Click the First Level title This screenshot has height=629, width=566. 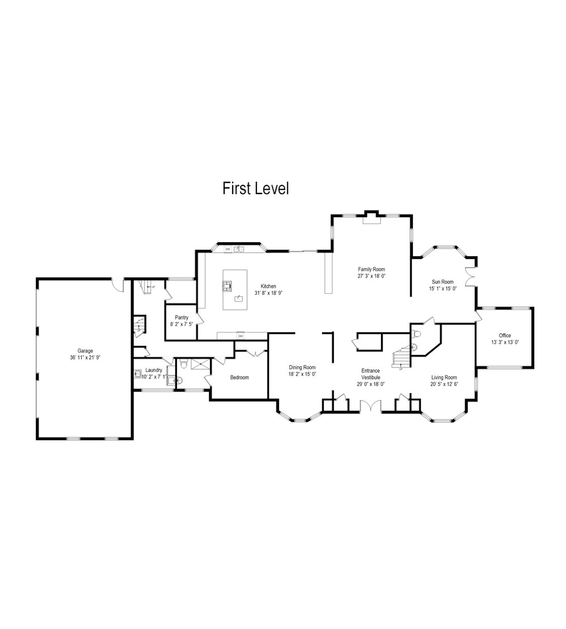pyautogui.click(x=256, y=189)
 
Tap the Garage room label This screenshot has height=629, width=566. pyautogui.click(x=85, y=351)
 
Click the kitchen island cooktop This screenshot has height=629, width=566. pyautogui.click(x=227, y=286)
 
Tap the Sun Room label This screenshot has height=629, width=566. pyautogui.click(x=443, y=282)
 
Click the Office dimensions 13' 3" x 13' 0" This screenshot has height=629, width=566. pyautogui.click(x=505, y=342)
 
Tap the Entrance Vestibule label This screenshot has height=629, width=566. pyautogui.click(x=371, y=374)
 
